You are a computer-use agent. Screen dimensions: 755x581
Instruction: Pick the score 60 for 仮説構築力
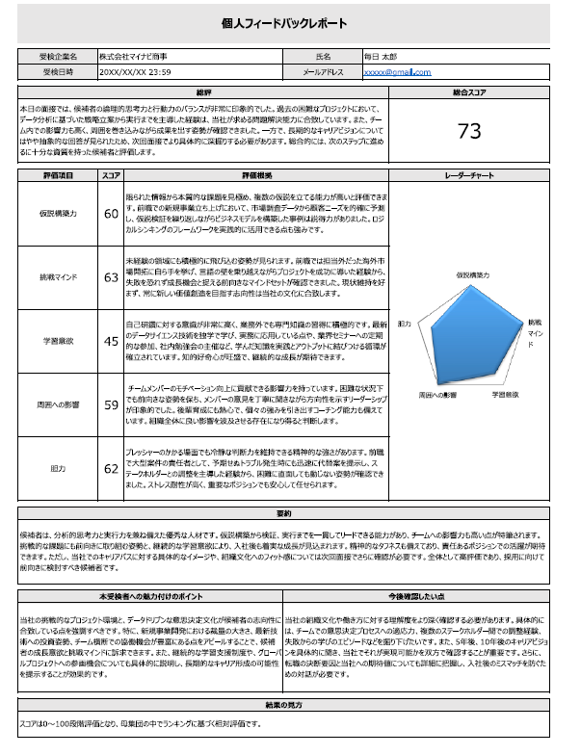[x=111, y=213]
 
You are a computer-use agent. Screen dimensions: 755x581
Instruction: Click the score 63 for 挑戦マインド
[x=111, y=276]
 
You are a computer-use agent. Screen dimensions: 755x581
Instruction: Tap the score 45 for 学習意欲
[x=111, y=340]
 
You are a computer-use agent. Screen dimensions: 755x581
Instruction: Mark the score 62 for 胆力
[x=111, y=469]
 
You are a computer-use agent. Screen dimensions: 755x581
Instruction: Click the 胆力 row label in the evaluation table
[x=58, y=469]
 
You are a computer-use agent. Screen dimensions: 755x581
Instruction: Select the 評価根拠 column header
[x=256, y=176]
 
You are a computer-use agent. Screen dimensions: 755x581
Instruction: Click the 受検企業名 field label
[x=58, y=58]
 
